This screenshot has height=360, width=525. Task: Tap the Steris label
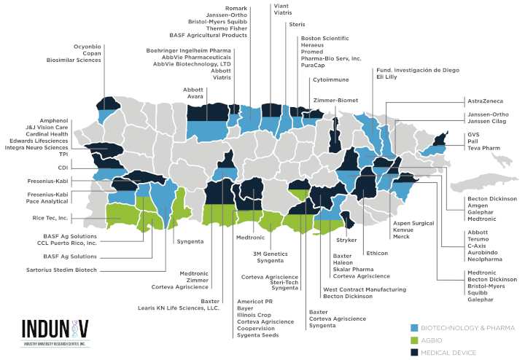click(297, 25)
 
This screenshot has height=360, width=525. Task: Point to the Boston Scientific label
click(325, 38)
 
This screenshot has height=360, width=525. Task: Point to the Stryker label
click(346, 239)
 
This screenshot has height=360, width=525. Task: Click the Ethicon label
click(377, 253)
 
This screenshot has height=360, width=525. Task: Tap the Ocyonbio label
click(87, 47)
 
